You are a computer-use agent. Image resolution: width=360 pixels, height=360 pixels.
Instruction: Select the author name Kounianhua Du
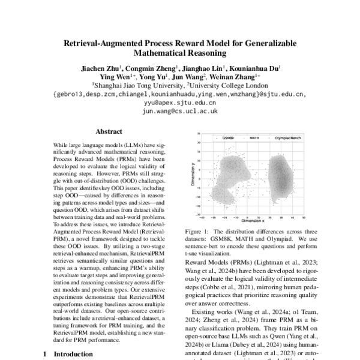coord(254,68)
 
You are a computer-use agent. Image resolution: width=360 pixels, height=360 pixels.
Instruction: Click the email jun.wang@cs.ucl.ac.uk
coord(179,110)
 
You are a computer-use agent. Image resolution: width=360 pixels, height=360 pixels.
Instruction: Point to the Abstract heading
coord(109,131)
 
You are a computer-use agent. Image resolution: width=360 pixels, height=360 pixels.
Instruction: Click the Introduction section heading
coord(73,354)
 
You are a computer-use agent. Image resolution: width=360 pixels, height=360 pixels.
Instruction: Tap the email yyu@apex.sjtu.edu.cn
coord(179,102)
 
